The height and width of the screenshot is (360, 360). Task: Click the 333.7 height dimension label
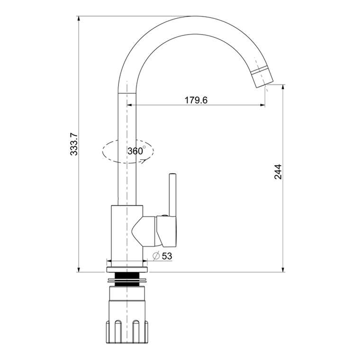click(x=74, y=144)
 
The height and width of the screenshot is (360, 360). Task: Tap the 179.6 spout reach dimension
click(x=196, y=100)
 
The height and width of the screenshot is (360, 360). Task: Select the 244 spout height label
click(x=278, y=172)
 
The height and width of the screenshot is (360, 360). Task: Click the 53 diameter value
click(x=167, y=256)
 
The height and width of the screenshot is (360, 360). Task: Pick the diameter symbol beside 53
click(x=156, y=256)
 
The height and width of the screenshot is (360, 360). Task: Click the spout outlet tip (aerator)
click(x=262, y=77)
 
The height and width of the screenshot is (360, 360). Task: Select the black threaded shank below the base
click(x=127, y=279)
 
